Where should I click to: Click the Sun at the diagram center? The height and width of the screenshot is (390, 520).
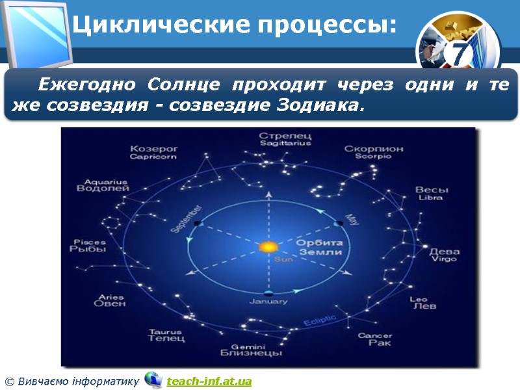(x=267, y=247)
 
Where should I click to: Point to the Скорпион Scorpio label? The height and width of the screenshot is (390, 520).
(x=374, y=152)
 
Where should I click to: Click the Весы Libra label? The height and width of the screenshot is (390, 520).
(x=432, y=193)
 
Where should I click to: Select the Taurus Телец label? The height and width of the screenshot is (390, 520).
(x=166, y=335)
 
